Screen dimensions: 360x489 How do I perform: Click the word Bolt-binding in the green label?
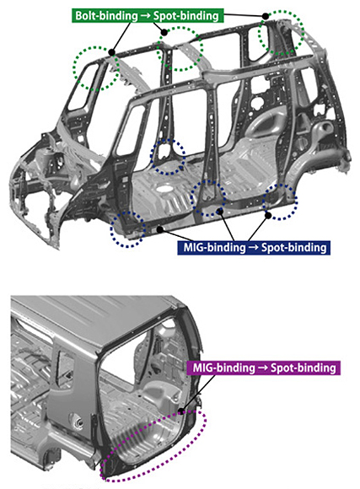(106, 15)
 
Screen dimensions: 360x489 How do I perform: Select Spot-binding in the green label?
(186, 15)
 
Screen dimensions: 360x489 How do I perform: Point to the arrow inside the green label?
(145, 15)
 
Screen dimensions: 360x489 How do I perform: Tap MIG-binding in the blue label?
(215, 248)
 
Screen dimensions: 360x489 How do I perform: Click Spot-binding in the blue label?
(294, 248)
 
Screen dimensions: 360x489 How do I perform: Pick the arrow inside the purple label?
(263, 368)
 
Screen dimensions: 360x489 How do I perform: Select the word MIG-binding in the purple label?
(223, 368)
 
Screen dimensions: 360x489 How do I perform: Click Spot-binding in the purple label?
(304, 368)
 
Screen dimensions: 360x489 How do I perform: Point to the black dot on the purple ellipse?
(181, 411)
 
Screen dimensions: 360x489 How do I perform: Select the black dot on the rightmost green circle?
(266, 16)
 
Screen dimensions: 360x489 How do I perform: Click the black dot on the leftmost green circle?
(112, 52)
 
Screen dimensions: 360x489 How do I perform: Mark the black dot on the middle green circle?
(164, 32)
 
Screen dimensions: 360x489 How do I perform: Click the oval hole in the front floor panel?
(164, 189)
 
